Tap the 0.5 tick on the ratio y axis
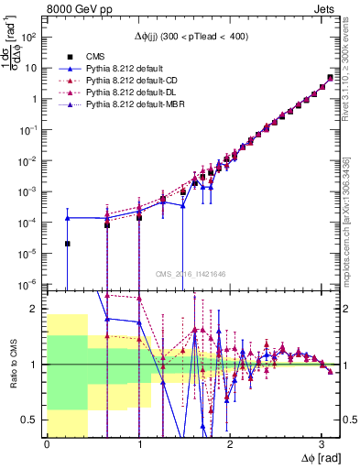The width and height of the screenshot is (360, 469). (34, 420)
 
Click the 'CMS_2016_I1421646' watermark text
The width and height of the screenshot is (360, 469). (191, 274)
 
